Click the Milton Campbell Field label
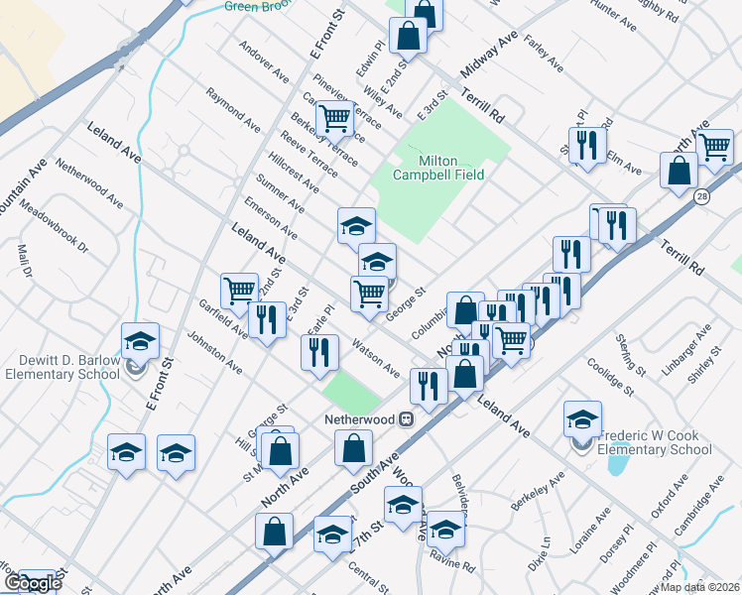[438, 168]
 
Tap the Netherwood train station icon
[406, 419]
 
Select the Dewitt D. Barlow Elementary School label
[62, 367]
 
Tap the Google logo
[32, 583]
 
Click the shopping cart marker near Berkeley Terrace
[334, 120]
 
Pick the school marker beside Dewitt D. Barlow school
[141, 342]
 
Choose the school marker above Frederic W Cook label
[582, 418]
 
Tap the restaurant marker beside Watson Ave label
[318, 354]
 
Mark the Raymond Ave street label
[231, 106]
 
